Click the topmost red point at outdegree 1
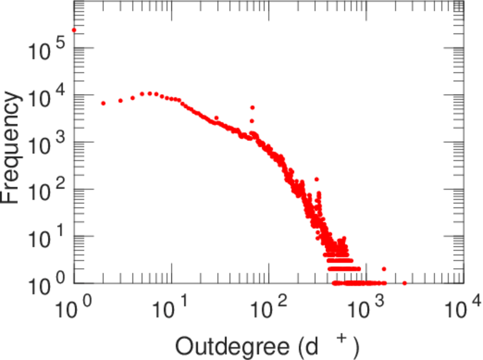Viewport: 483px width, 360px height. coord(74,30)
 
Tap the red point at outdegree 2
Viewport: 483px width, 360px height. coord(103,103)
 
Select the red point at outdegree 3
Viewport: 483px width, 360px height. coord(121,100)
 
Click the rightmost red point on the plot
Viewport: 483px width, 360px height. coord(404,283)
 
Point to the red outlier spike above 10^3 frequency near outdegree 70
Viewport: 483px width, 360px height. coord(253,107)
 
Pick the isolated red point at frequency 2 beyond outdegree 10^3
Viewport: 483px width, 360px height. coord(384,269)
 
